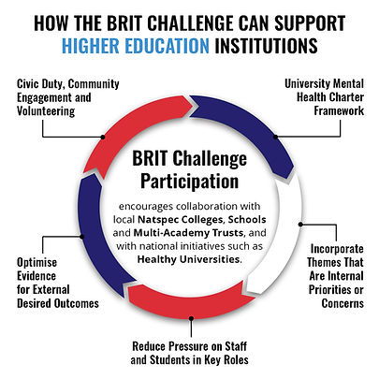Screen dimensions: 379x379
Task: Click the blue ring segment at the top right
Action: click(254, 117)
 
